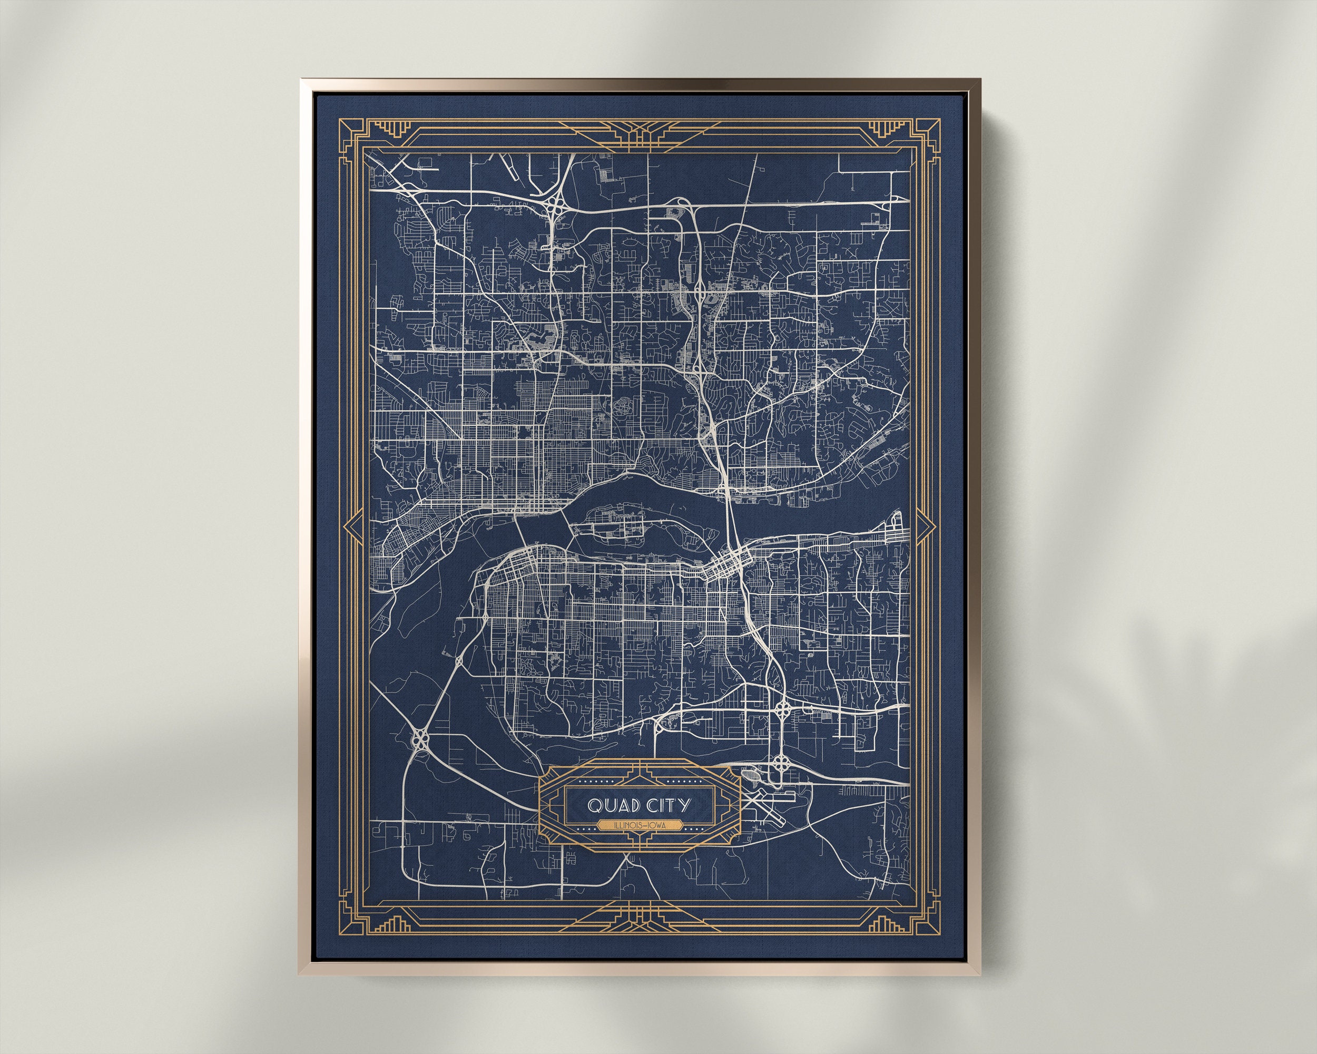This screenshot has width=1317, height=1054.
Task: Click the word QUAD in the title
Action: (611, 806)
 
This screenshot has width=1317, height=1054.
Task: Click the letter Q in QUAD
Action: (594, 806)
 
